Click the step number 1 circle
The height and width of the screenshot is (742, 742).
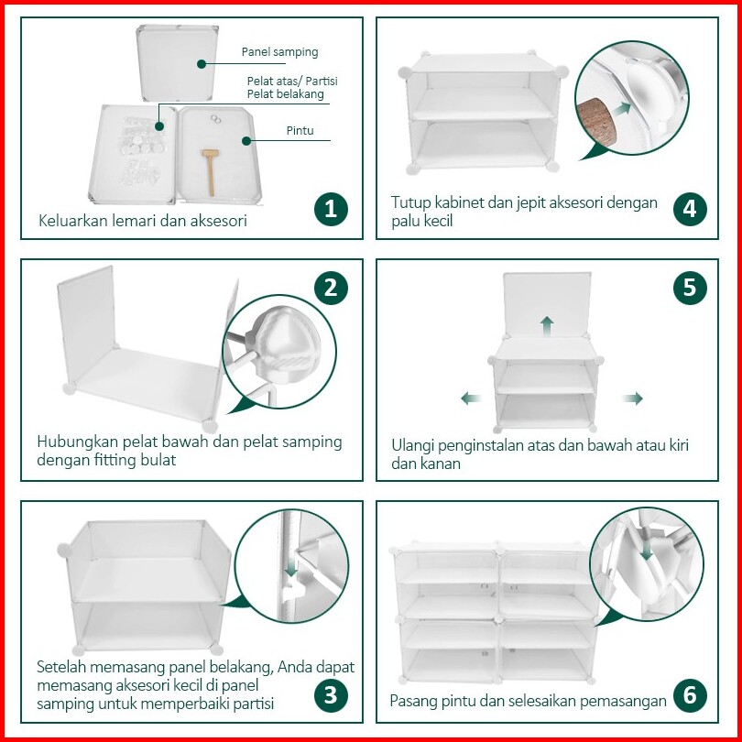pyautogui.click(x=331, y=209)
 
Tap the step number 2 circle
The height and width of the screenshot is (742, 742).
pyautogui.click(x=331, y=288)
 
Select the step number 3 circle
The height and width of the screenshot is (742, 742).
pyautogui.click(x=331, y=695)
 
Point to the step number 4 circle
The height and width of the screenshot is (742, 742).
pyautogui.click(x=690, y=209)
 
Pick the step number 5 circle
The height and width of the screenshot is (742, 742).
pyautogui.click(x=690, y=288)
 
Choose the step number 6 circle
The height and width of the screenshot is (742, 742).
pyautogui.click(x=690, y=695)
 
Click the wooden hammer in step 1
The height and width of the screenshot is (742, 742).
pyautogui.click(x=210, y=171)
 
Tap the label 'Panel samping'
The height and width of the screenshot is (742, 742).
pyautogui.click(x=279, y=52)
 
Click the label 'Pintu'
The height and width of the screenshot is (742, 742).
pyautogui.click(x=300, y=131)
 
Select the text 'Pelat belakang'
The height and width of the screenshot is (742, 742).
pyautogui.click(x=285, y=93)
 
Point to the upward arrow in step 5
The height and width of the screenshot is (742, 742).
pyautogui.click(x=547, y=325)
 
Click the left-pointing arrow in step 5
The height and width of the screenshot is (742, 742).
pyautogui.click(x=471, y=398)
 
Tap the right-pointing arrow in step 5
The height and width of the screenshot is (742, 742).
pyautogui.click(x=633, y=398)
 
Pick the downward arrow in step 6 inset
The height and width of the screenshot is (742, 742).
pyautogui.click(x=647, y=550)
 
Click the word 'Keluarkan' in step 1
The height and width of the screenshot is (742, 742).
pyautogui.click(x=73, y=221)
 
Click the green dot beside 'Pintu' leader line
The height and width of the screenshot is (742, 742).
pyautogui.click(x=246, y=140)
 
